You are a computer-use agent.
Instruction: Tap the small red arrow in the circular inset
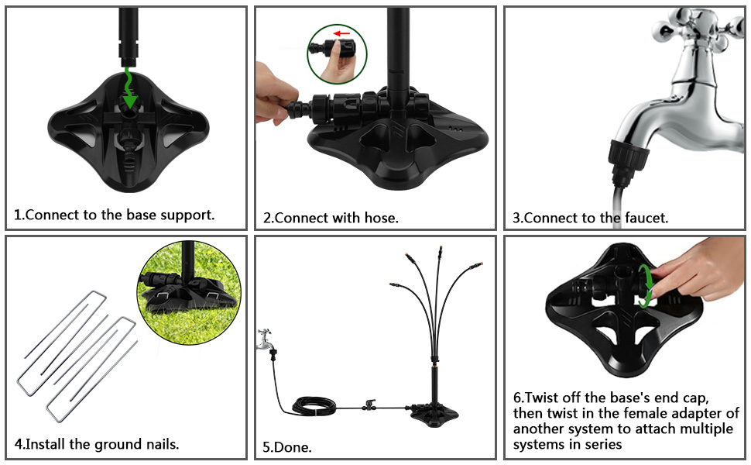click(x=340, y=34)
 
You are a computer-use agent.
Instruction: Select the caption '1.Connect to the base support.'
click(x=115, y=215)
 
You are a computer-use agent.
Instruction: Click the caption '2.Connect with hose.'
click(x=331, y=218)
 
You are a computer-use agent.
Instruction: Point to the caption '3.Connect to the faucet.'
click(x=590, y=218)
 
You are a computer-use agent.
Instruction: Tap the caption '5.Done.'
click(x=287, y=447)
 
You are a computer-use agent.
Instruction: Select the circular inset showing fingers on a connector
click(x=338, y=53)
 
